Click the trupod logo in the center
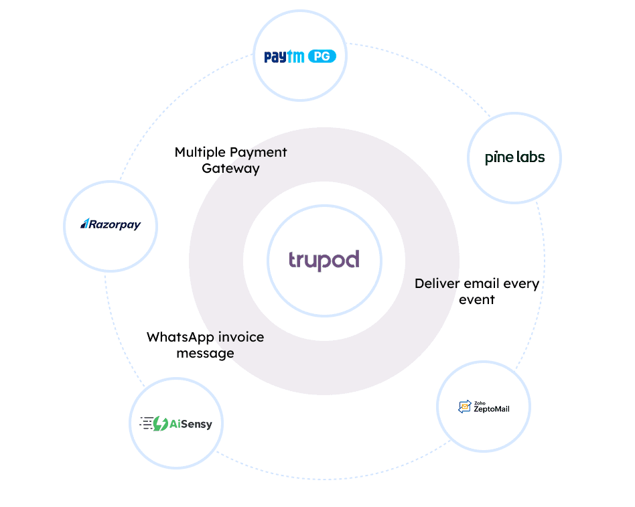(324, 260)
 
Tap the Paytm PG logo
(299, 57)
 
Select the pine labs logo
(514, 157)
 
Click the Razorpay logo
(111, 224)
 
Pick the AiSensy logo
(175, 423)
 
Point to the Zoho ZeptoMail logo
(484, 407)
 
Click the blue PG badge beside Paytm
(322, 57)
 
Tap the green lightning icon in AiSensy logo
(160, 423)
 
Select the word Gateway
(230, 168)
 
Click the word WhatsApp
(176, 337)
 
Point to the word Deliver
(437, 283)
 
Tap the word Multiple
(198, 152)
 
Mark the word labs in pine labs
(531, 157)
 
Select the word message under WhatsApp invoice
(205, 353)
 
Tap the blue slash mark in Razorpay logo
(84, 224)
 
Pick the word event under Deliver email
(477, 299)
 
